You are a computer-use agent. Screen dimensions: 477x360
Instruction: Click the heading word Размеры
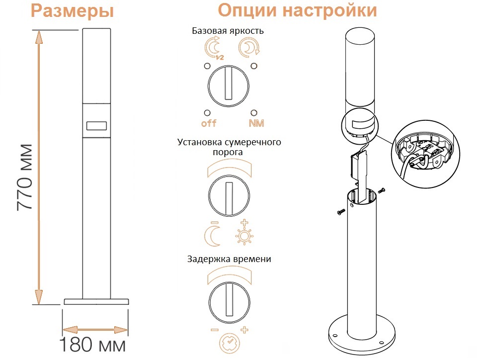[73, 11]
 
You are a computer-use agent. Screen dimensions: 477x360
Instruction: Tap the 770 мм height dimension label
[25, 178]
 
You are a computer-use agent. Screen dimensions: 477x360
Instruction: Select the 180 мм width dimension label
[92, 345]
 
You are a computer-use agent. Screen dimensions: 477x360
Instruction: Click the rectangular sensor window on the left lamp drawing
[96, 126]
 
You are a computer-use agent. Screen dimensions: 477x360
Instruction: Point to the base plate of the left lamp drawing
[96, 301]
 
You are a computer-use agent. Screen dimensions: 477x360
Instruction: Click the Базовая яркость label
[228, 31]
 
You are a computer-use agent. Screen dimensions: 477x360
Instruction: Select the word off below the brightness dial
[209, 123]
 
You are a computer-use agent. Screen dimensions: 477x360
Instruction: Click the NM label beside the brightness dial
[256, 123]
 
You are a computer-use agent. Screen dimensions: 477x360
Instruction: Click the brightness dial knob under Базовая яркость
[229, 86]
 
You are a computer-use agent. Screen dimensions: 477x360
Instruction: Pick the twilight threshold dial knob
[229, 195]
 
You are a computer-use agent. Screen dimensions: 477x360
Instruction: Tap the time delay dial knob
[229, 302]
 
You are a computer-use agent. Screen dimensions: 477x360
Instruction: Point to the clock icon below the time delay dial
[230, 343]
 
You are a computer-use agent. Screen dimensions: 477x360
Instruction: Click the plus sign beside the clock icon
[244, 330]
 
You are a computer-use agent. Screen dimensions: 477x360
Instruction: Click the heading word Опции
[247, 10]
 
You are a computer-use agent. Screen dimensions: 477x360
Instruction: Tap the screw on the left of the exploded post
[341, 211]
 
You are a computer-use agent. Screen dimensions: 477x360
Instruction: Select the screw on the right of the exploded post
[382, 190]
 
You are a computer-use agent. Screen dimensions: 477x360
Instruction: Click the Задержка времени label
[229, 259]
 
